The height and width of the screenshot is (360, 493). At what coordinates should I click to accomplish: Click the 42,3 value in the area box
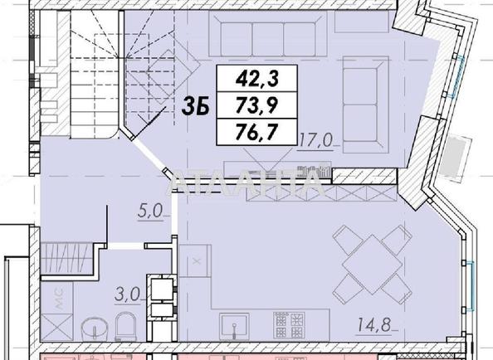pos(257,79)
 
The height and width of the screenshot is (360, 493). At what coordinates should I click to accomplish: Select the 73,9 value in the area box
pos(257,105)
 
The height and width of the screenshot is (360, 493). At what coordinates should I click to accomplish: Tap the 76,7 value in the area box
pos(257,132)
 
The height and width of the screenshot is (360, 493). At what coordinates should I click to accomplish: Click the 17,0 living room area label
pos(316,140)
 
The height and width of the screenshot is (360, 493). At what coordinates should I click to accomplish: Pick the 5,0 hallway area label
pos(150,211)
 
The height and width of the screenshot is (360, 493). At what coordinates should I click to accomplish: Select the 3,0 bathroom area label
pos(127,294)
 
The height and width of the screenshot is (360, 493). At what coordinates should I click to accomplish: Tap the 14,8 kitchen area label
pos(373,325)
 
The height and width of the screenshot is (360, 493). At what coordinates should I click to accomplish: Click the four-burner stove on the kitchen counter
pos(289,325)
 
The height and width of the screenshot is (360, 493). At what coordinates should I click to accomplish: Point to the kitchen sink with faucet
pos(234,328)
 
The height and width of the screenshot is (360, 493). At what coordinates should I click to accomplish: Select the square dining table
pos(372,265)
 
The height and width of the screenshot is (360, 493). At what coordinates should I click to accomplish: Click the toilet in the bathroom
pos(125,327)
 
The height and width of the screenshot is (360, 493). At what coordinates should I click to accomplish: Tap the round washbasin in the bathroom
pos(95,329)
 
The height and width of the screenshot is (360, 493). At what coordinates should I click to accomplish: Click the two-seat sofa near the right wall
pos(365,105)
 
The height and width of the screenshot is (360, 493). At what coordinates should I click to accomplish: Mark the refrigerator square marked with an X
pos(195,260)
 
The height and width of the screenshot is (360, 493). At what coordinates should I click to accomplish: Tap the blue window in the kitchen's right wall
pos(470,285)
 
